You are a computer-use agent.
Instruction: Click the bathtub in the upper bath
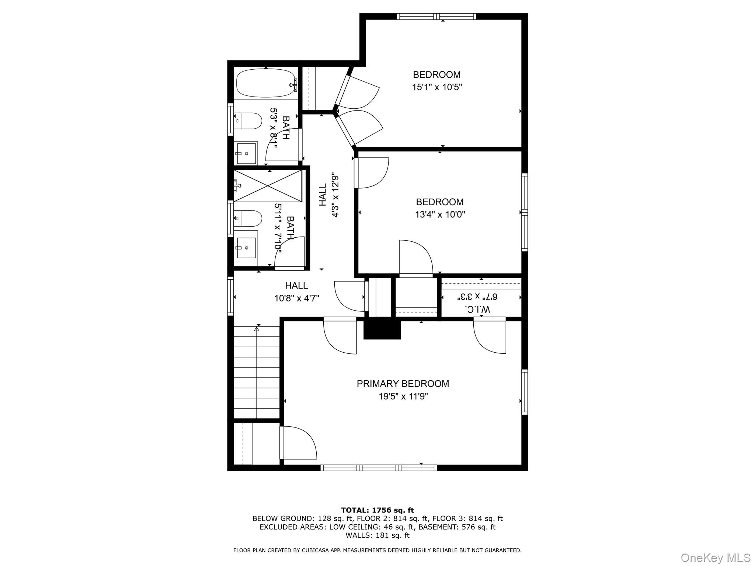(x=266, y=84)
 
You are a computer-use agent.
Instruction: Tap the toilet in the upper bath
(x=247, y=121)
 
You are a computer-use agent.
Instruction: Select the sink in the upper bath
(x=246, y=153)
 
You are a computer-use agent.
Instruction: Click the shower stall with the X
(x=268, y=186)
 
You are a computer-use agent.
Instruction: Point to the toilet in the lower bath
(x=247, y=218)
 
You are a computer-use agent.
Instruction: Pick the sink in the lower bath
(x=246, y=248)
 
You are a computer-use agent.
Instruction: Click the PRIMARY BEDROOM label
(x=403, y=384)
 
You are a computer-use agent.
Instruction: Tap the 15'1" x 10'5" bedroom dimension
(x=437, y=87)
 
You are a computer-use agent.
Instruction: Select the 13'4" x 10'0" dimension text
(x=440, y=214)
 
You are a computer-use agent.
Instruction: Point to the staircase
(x=257, y=372)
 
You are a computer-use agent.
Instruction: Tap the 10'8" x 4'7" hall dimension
(x=297, y=298)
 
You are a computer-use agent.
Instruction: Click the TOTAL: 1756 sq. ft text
(x=377, y=510)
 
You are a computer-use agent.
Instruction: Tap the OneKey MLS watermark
(x=716, y=558)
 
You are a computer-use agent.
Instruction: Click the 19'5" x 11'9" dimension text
(x=403, y=396)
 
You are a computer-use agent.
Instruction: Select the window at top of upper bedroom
(x=436, y=16)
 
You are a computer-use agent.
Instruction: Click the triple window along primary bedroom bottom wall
(x=378, y=468)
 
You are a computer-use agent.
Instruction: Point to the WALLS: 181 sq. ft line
(x=377, y=535)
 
